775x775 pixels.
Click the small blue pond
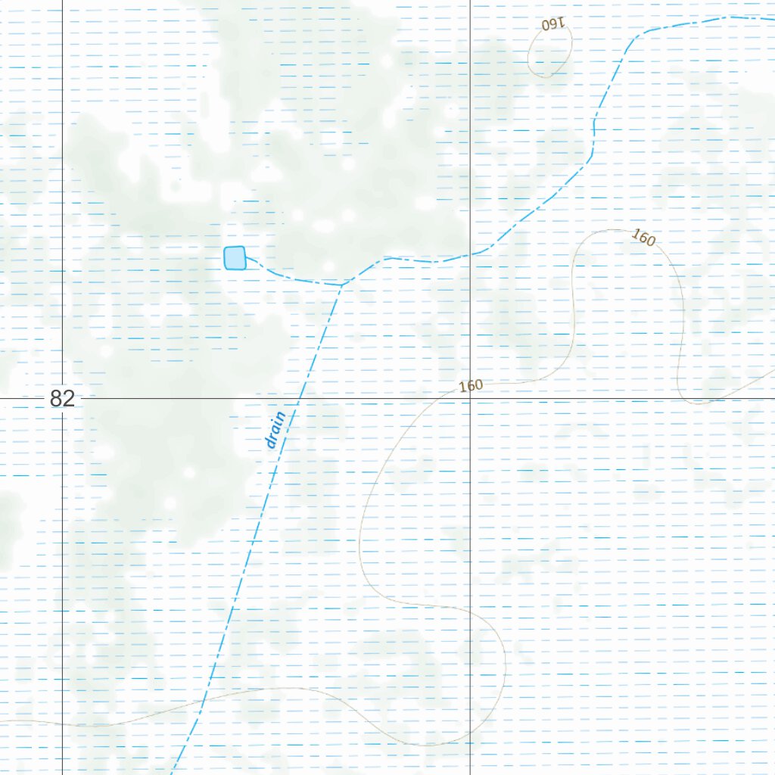click(x=235, y=258)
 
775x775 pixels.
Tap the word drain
click(x=275, y=429)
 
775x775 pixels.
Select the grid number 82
click(x=63, y=399)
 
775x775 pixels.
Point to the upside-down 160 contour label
click(x=554, y=24)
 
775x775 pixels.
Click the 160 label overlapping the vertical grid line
click(x=470, y=386)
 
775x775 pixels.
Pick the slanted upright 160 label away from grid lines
click(x=643, y=238)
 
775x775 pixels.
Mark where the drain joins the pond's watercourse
click(x=341, y=285)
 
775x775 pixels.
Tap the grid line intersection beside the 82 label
click(x=62, y=397)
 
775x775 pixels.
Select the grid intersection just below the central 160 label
click(x=471, y=397)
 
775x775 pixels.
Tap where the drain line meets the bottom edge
click(x=173, y=773)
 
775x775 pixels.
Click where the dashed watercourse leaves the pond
click(x=247, y=259)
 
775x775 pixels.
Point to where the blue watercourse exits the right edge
click(x=773, y=18)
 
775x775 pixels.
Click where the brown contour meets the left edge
click(x=1, y=722)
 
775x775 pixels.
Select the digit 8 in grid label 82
click(x=57, y=399)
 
